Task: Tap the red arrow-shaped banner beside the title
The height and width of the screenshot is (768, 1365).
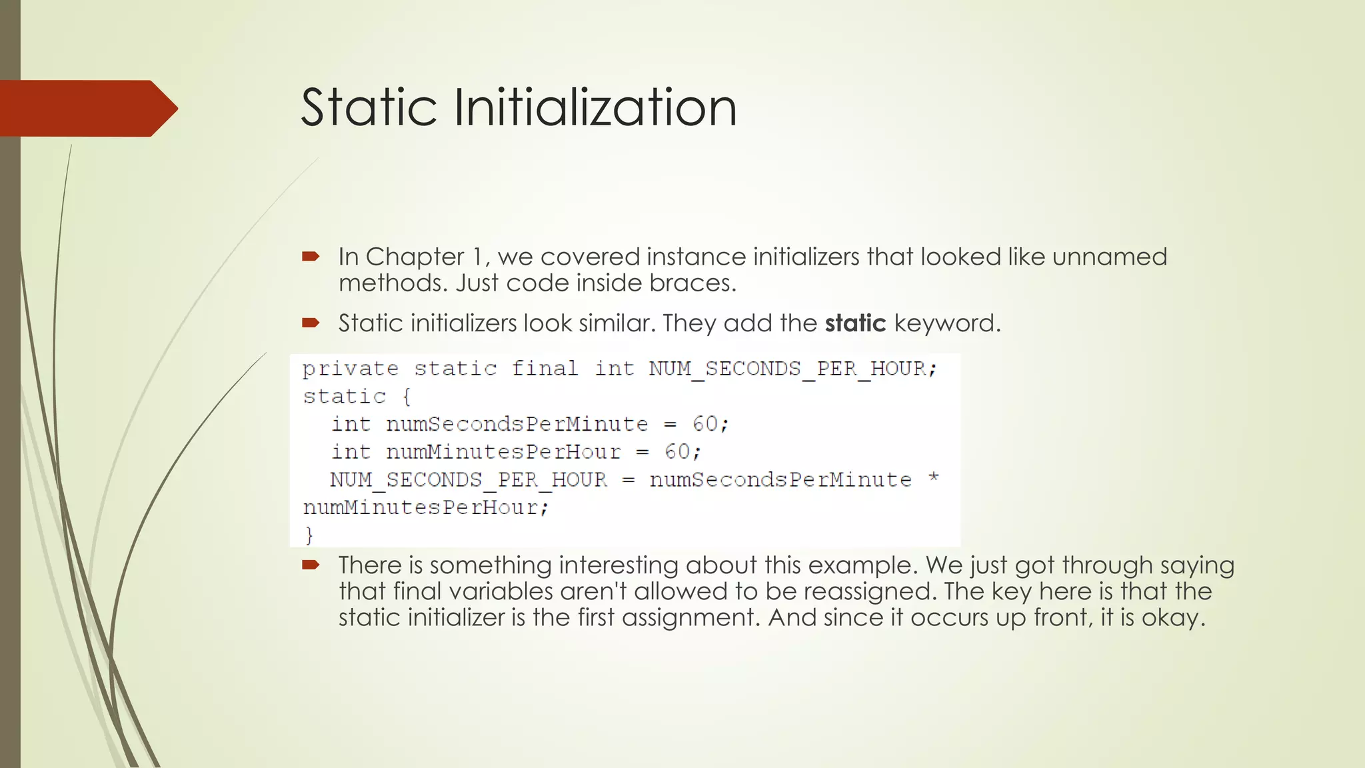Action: click(87, 109)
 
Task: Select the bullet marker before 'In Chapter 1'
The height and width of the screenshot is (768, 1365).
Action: click(311, 257)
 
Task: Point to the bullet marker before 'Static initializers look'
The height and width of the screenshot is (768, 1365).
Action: click(311, 323)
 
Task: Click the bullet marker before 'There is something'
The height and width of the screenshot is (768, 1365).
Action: click(311, 565)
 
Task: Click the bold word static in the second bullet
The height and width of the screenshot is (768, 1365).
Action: click(855, 323)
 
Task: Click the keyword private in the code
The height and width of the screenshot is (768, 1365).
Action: click(351, 369)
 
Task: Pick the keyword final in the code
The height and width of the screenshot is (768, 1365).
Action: click(545, 369)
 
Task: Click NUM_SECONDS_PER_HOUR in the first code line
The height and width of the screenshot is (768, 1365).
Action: click(787, 369)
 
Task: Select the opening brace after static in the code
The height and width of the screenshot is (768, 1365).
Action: click(407, 397)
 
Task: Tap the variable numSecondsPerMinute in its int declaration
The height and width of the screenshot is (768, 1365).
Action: click(517, 425)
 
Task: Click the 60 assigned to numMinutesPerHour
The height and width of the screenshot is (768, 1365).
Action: click(677, 453)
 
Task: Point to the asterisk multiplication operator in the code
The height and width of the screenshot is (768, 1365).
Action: click(934, 478)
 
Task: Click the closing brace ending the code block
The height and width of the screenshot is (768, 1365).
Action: click(309, 535)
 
